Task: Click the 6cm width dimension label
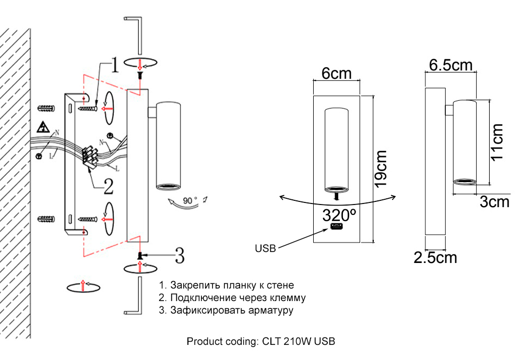click(336, 73)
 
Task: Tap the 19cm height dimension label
click(381, 169)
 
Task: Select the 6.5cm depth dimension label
click(450, 65)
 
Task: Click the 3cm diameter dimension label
click(494, 202)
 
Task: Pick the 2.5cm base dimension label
click(435, 257)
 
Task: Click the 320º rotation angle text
click(339, 214)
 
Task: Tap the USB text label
click(265, 248)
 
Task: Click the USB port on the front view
click(336, 228)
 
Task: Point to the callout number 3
click(179, 255)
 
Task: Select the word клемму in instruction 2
click(288, 298)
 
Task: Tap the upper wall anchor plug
click(46, 109)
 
